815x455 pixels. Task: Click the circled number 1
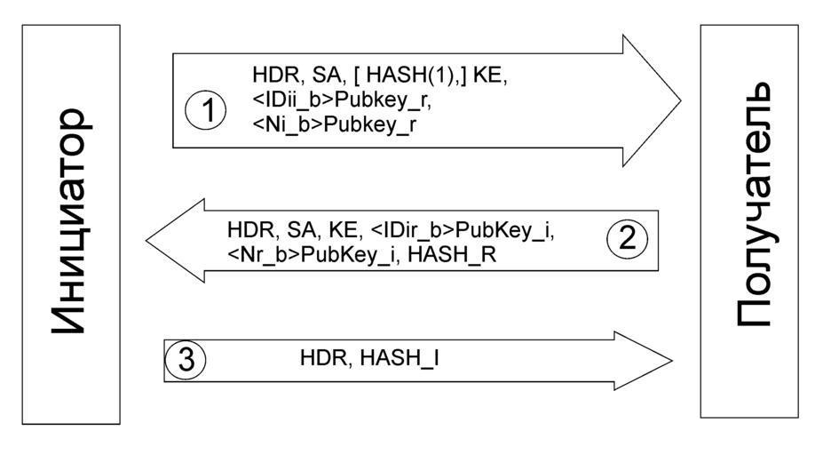click(206, 112)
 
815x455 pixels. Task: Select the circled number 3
click(186, 359)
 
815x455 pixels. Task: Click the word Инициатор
click(71, 222)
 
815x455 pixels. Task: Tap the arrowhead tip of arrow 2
click(147, 240)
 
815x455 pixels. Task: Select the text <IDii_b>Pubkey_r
click(343, 100)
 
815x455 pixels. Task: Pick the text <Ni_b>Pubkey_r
click(335, 124)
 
